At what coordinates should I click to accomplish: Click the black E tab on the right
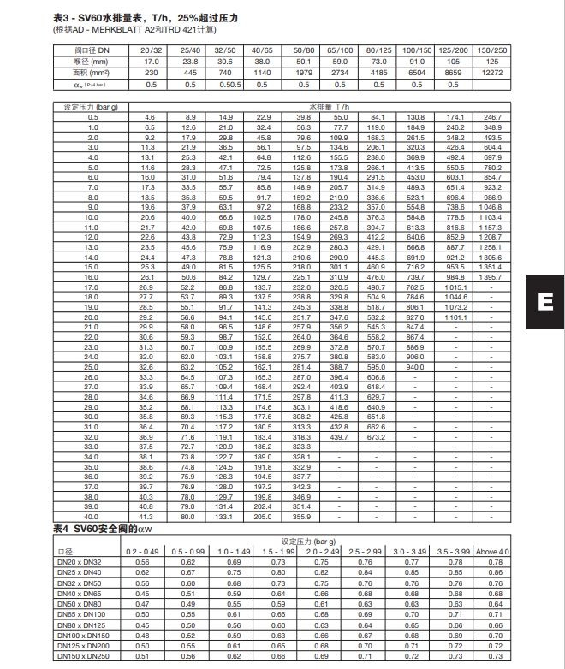point(545,300)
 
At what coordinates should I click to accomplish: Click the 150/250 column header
point(492,51)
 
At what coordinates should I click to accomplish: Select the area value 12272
point(492,74)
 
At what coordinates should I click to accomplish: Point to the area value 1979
point(304,74)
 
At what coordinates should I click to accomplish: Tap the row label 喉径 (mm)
point(92,62)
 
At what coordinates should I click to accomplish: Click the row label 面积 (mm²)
point(92,74)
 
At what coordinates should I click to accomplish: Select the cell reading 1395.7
point(492,277)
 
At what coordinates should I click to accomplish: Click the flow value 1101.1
point(456,317)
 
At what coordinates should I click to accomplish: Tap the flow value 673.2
point(377,436)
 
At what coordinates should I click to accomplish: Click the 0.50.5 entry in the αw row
point(227,85)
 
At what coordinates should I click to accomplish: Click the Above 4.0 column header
point(492,551)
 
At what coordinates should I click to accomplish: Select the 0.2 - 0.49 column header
point(144,551)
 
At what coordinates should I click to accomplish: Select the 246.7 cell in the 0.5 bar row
point(492,116)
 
